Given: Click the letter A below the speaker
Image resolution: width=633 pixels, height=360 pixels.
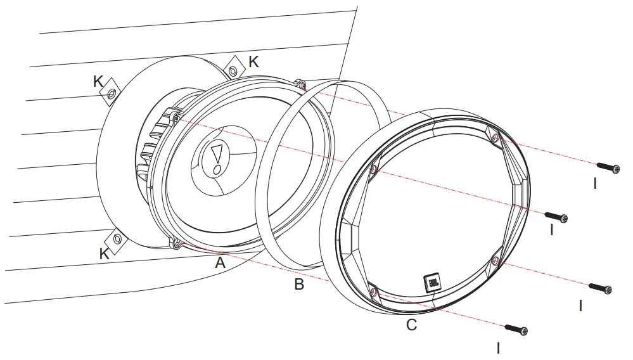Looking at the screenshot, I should point(220,262).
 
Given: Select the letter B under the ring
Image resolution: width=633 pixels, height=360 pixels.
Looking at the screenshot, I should point(299,285).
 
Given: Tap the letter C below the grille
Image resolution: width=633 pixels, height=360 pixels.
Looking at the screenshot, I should point(411,325).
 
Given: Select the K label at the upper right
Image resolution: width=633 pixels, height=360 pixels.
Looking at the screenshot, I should point(253,61).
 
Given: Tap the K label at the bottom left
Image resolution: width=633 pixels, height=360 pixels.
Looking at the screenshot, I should point(105,254).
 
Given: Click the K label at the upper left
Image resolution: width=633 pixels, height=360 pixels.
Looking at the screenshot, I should point(98,81).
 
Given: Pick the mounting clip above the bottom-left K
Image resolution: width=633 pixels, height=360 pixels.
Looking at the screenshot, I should point(117,239).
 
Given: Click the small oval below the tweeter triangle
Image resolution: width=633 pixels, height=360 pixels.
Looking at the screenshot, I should point(217,170).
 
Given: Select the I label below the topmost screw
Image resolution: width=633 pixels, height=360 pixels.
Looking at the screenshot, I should point(594,184).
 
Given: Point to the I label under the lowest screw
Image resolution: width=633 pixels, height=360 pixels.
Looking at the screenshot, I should point(499,347).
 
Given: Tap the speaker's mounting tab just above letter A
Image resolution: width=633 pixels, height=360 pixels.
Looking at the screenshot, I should point(177,243).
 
